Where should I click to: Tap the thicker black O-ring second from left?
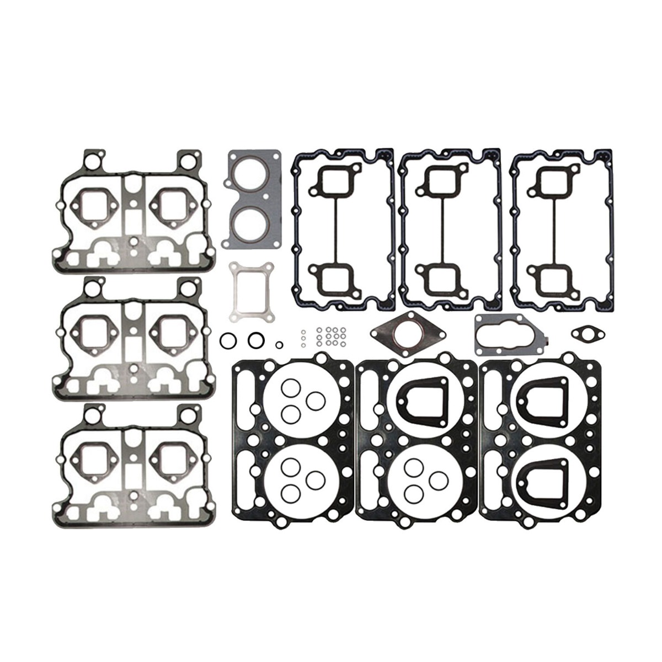coord(255,340)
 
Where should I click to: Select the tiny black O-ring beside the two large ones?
coord(280,345)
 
